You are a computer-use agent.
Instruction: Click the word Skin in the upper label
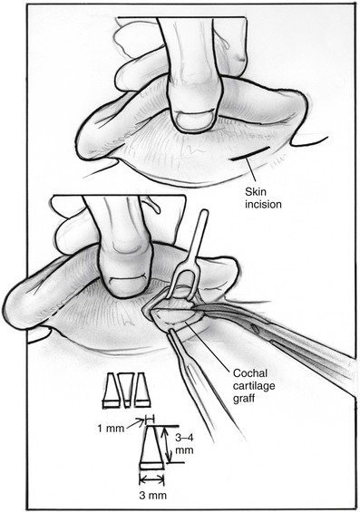pos(256,192)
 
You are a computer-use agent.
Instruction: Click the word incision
pos(263,205)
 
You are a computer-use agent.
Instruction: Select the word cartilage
pos(254,386)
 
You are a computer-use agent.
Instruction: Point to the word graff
pos(243,399)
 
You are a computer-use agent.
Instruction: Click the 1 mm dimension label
pos(111,429)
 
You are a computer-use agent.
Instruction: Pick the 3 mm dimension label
pos(153,496)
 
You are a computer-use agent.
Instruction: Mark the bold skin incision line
pos(251,153)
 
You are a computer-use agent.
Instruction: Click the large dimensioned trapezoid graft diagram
pos(151,448)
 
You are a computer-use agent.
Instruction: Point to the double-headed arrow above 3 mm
pos(151,479)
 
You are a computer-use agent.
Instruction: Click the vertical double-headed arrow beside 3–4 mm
pos(167,444)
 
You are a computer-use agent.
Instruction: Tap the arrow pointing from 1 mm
pos(135,423)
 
